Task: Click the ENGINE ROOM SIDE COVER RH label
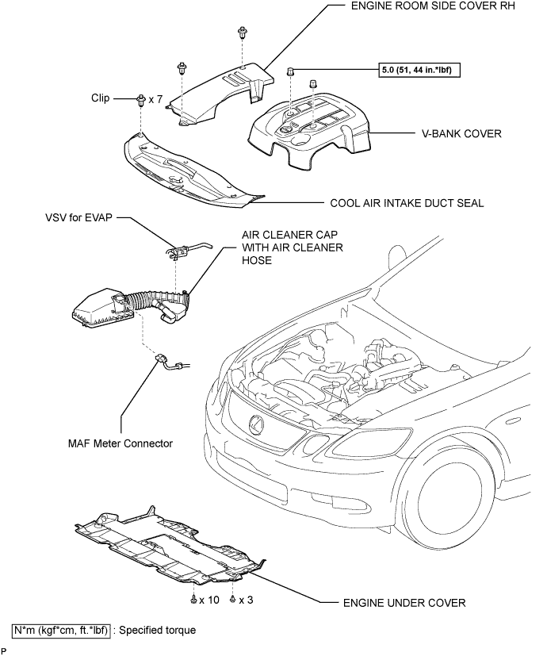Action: tap(433, 6)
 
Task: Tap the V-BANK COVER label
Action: tap(461, 134)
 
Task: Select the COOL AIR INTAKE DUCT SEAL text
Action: tap(407, 203)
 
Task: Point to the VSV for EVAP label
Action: tap(79, 217)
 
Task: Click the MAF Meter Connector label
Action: tap(120, 443)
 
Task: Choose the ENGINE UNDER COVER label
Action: tap(404, 603)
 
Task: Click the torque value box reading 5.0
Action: tap(419, 70)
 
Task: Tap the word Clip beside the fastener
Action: tap(101, 98)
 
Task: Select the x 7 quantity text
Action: tap(155, 100)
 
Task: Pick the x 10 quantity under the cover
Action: tap(209, 600)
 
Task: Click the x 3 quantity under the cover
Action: tap(246, 600)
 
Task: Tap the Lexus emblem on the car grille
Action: tap(256, 424)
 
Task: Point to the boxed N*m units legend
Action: tap(62, 630)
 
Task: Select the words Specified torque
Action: tap(157, 630)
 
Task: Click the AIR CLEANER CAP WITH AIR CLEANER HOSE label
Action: tap(293, 247)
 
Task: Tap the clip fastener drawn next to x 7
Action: tap(140, 100)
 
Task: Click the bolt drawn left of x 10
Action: tap(193, 600)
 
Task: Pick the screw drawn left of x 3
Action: tap(233, 600)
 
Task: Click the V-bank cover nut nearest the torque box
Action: tap(289, 71)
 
